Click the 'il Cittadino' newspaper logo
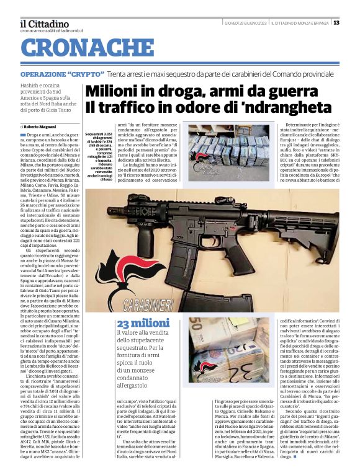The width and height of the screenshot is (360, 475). (45, 23)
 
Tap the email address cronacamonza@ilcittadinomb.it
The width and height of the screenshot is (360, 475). (52, 30)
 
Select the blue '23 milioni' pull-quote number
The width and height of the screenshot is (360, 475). (140, 324)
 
